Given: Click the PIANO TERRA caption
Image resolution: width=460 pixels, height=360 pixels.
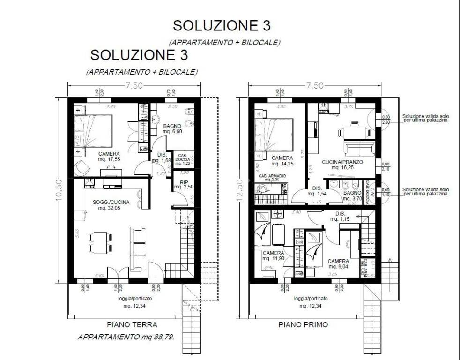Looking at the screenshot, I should tap(132, 324).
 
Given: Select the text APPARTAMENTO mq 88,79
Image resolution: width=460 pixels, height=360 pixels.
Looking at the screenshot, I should tap(126, 337).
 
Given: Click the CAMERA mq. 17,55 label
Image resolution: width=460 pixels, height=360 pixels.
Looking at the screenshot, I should tap(109, 157).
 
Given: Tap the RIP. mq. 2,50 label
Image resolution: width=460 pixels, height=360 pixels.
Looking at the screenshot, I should tap(181, 184).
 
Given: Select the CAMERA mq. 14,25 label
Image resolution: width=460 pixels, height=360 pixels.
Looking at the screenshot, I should tap(282, 161).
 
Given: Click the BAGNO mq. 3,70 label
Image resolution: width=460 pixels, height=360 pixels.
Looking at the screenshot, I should tap(351, 195).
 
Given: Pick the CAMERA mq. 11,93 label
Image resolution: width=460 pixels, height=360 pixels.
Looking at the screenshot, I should tap(273, 255).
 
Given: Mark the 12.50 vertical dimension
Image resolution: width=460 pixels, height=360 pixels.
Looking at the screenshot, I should tap(240, 190).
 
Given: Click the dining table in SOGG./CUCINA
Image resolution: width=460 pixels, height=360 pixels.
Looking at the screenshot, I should tap(99, 242).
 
